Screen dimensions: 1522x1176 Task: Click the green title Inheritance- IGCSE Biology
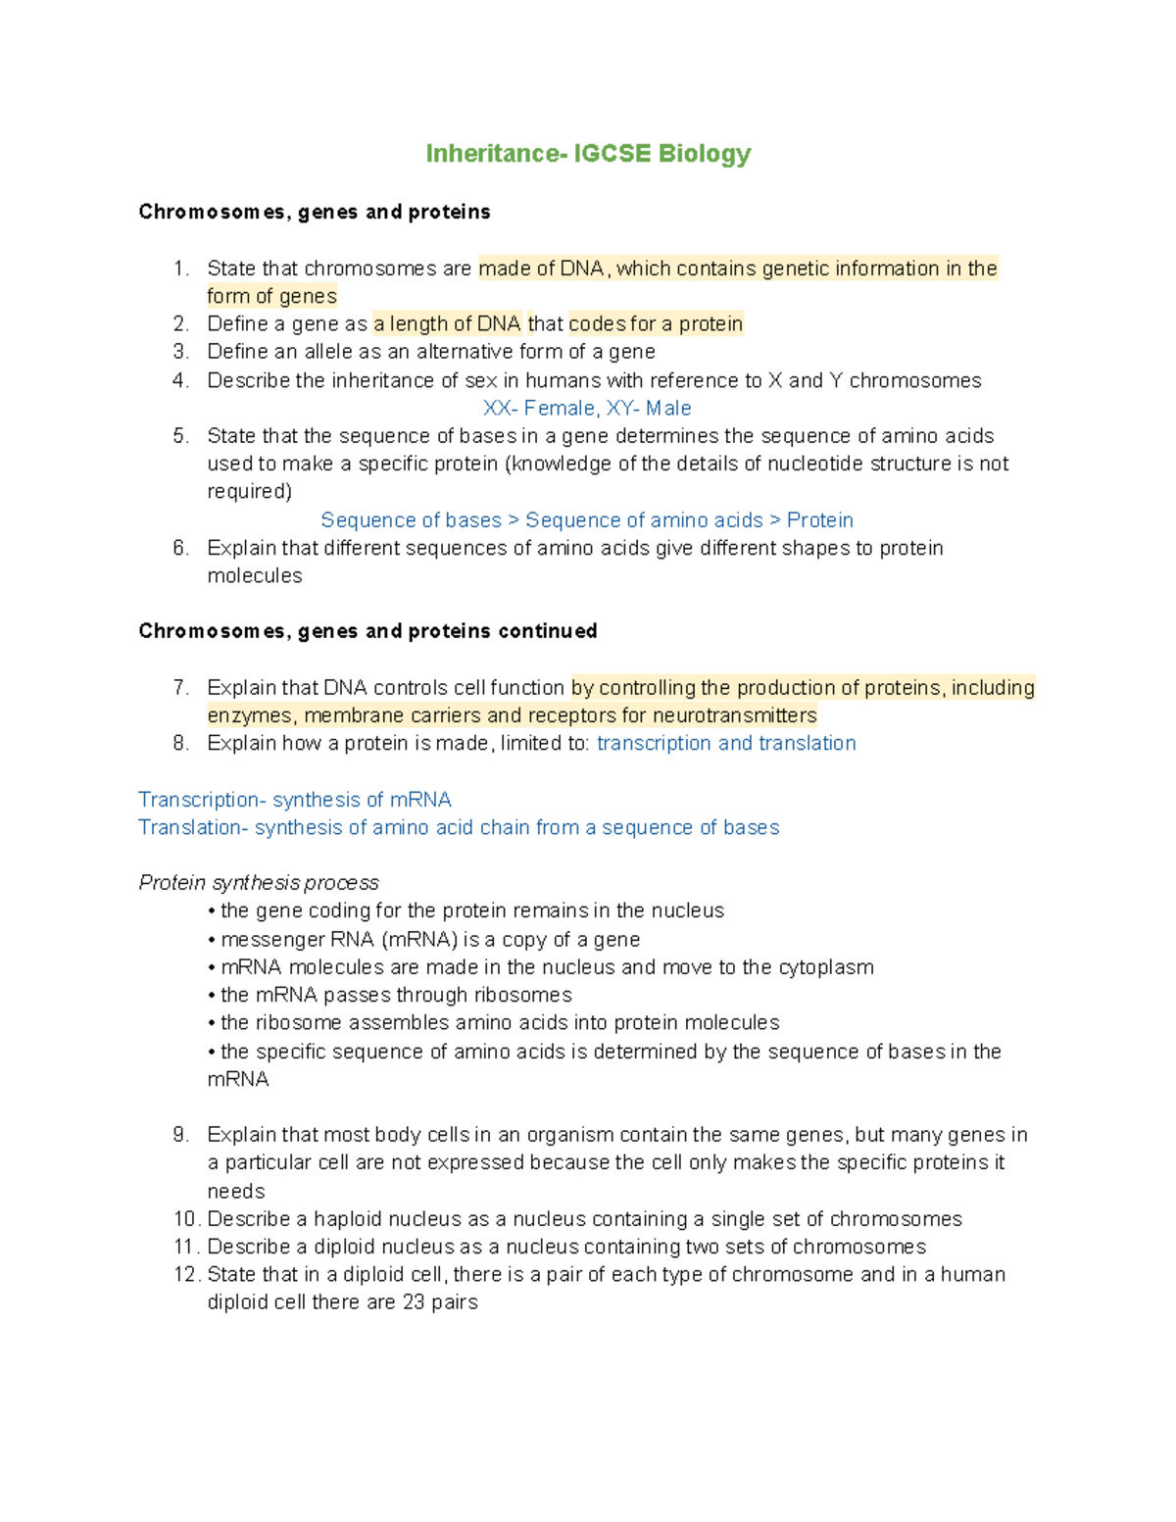(588, 154)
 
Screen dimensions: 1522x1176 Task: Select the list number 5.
(180, 436)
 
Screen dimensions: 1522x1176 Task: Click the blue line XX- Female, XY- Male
(587, 409)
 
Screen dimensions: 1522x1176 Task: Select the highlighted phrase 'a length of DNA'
(447, 324)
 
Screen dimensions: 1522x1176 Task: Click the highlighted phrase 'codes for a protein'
(656, 324)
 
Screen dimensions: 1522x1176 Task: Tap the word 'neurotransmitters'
(734, 715)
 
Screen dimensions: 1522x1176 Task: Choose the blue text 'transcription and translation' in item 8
(726, 744)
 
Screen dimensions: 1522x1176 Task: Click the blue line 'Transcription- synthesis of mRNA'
(295, 800)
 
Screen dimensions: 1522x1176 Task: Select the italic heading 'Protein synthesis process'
(259, 883)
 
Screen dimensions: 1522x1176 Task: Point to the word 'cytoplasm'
(825, 967)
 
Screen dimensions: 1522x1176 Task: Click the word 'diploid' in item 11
(344, 1247)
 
